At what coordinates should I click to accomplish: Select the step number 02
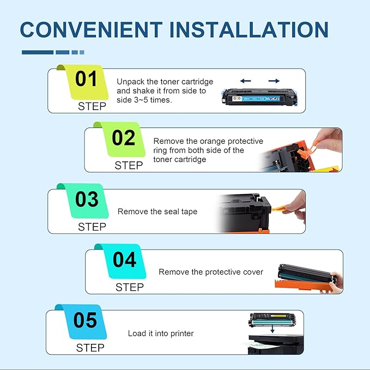pos(124,138)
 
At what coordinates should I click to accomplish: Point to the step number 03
pos(87,200)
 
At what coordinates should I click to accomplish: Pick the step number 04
pos(125,260)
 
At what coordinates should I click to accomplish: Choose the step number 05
pos(86,320)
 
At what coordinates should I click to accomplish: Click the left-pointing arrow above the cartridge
pos(246,81)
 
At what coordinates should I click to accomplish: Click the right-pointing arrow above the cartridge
pos(274,81)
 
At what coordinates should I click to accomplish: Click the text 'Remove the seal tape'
pos(157,211)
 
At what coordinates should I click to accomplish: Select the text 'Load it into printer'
pos(161,333)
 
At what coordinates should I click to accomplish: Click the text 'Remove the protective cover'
pos(211,271)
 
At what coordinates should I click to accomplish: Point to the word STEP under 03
pos(92,226)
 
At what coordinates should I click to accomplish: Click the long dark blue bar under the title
pos(37,52)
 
